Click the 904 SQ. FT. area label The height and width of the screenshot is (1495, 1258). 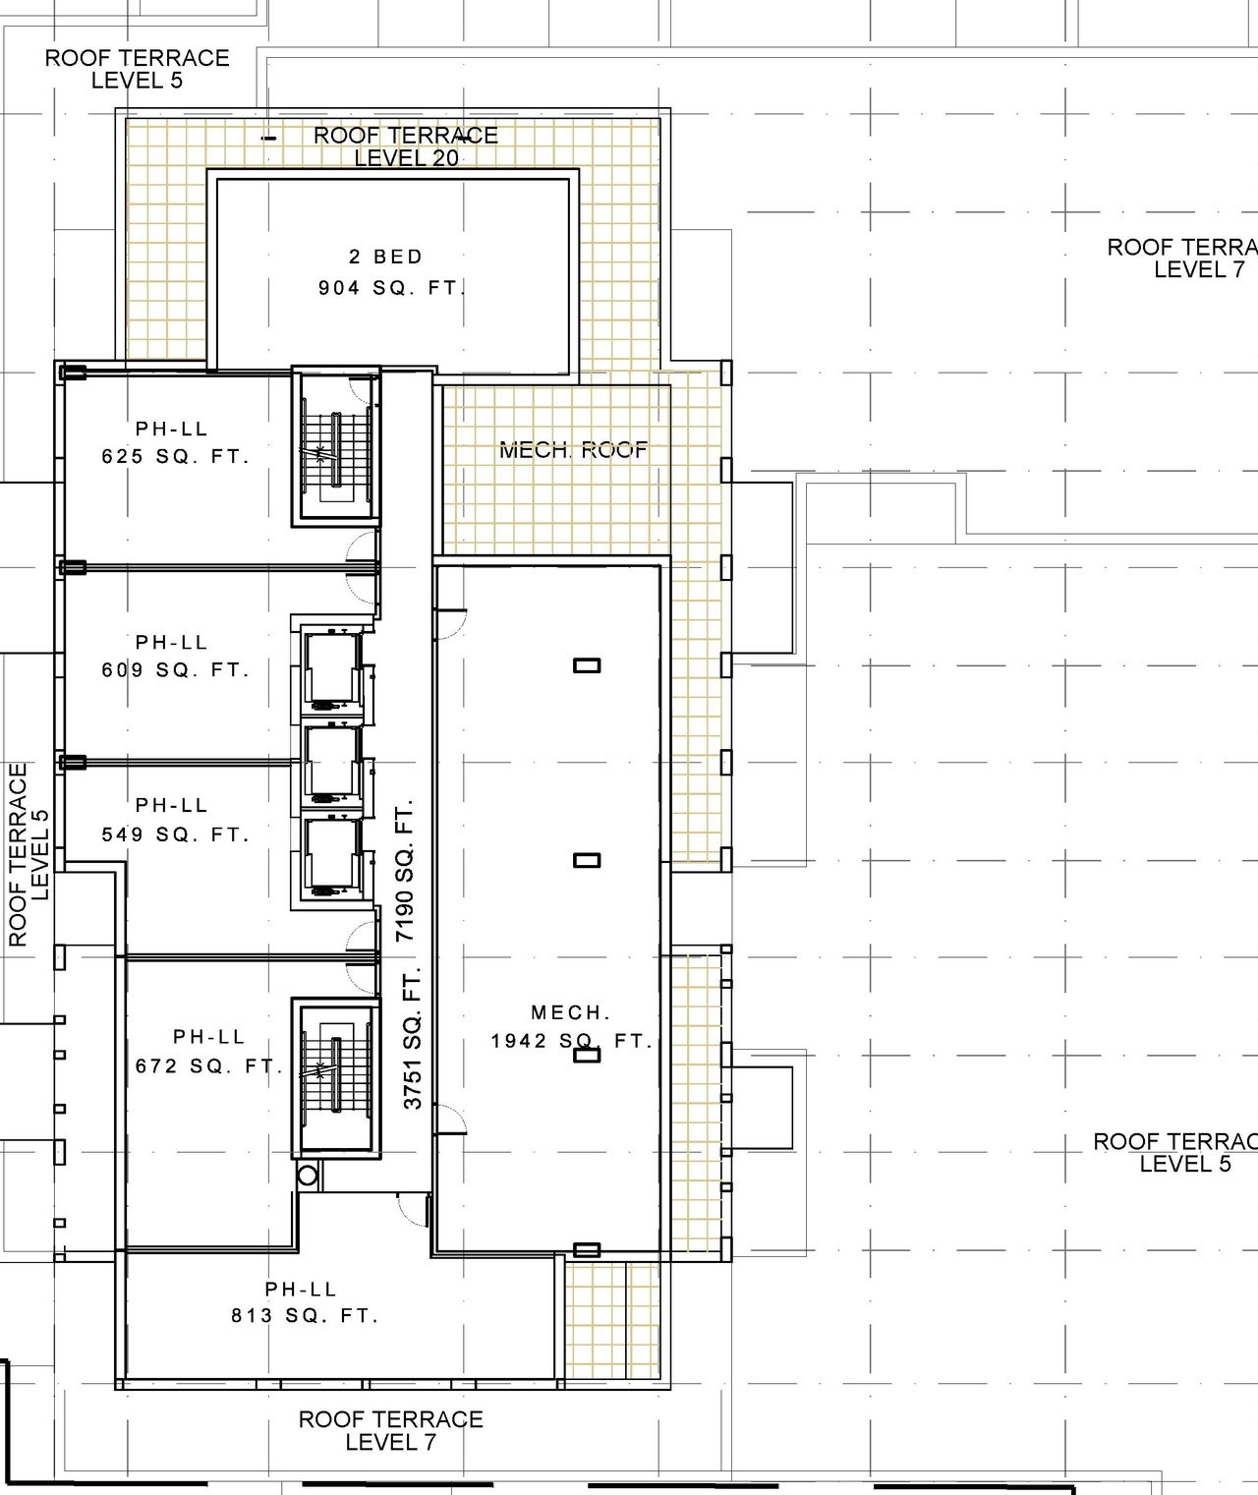pyautogui.click(x=391, y=288)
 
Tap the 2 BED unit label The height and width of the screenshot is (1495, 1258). pyautogui.click(x=385, y=257)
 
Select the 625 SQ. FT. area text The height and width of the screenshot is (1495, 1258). pyautogui.click(x=175, y=456)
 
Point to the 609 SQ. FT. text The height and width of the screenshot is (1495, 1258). pyautogui.click(x=175, y=670)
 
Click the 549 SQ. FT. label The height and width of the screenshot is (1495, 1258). pyautogui.click(x=175, y=834)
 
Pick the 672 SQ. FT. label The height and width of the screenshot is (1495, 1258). pyautogui.click(x=209, y=1065)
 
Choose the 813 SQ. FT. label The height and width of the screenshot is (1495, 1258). pyautogui.click(x=305, y=1315)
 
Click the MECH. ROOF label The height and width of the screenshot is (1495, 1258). pyautogui.click(x=574, y=450)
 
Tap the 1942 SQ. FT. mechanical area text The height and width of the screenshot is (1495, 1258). pyautogui.click(x=572, y=1041)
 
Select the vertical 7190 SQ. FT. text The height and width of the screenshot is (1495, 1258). pyautogui.click(x=406, y=871)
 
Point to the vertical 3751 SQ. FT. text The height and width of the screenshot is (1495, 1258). pyautogui.click(x=413, y=1038)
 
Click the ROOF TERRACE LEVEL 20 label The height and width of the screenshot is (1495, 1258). pyautogui.click(x=406, y=146)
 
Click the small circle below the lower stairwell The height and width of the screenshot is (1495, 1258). pyautogui.click(x=307, y=1175)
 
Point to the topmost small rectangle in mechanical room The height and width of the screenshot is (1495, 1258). pyautogui.click(x=587, y=665)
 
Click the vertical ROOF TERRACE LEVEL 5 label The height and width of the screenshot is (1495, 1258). pyautogui.click(x=29, y=855)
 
